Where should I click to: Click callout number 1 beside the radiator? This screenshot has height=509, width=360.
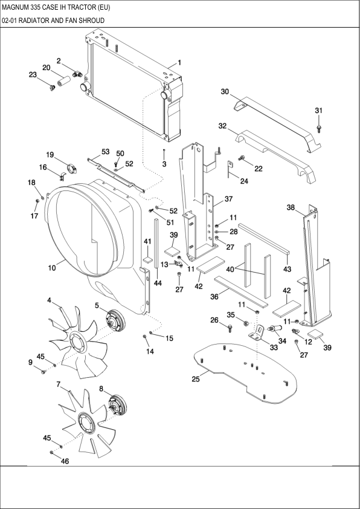click(x=179, y=63)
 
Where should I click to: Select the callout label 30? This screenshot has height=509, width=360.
click(x=225, y=92)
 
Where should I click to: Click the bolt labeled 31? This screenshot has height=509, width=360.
click(x=320, y=128)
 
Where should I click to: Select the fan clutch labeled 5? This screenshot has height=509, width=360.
click(x=113, y=319)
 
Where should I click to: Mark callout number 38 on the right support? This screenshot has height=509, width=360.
click(x=291, y=207)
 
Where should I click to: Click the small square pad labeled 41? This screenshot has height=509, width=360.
click(x=146, y=259)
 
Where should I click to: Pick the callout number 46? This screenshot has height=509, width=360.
click(x=65, y=461)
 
